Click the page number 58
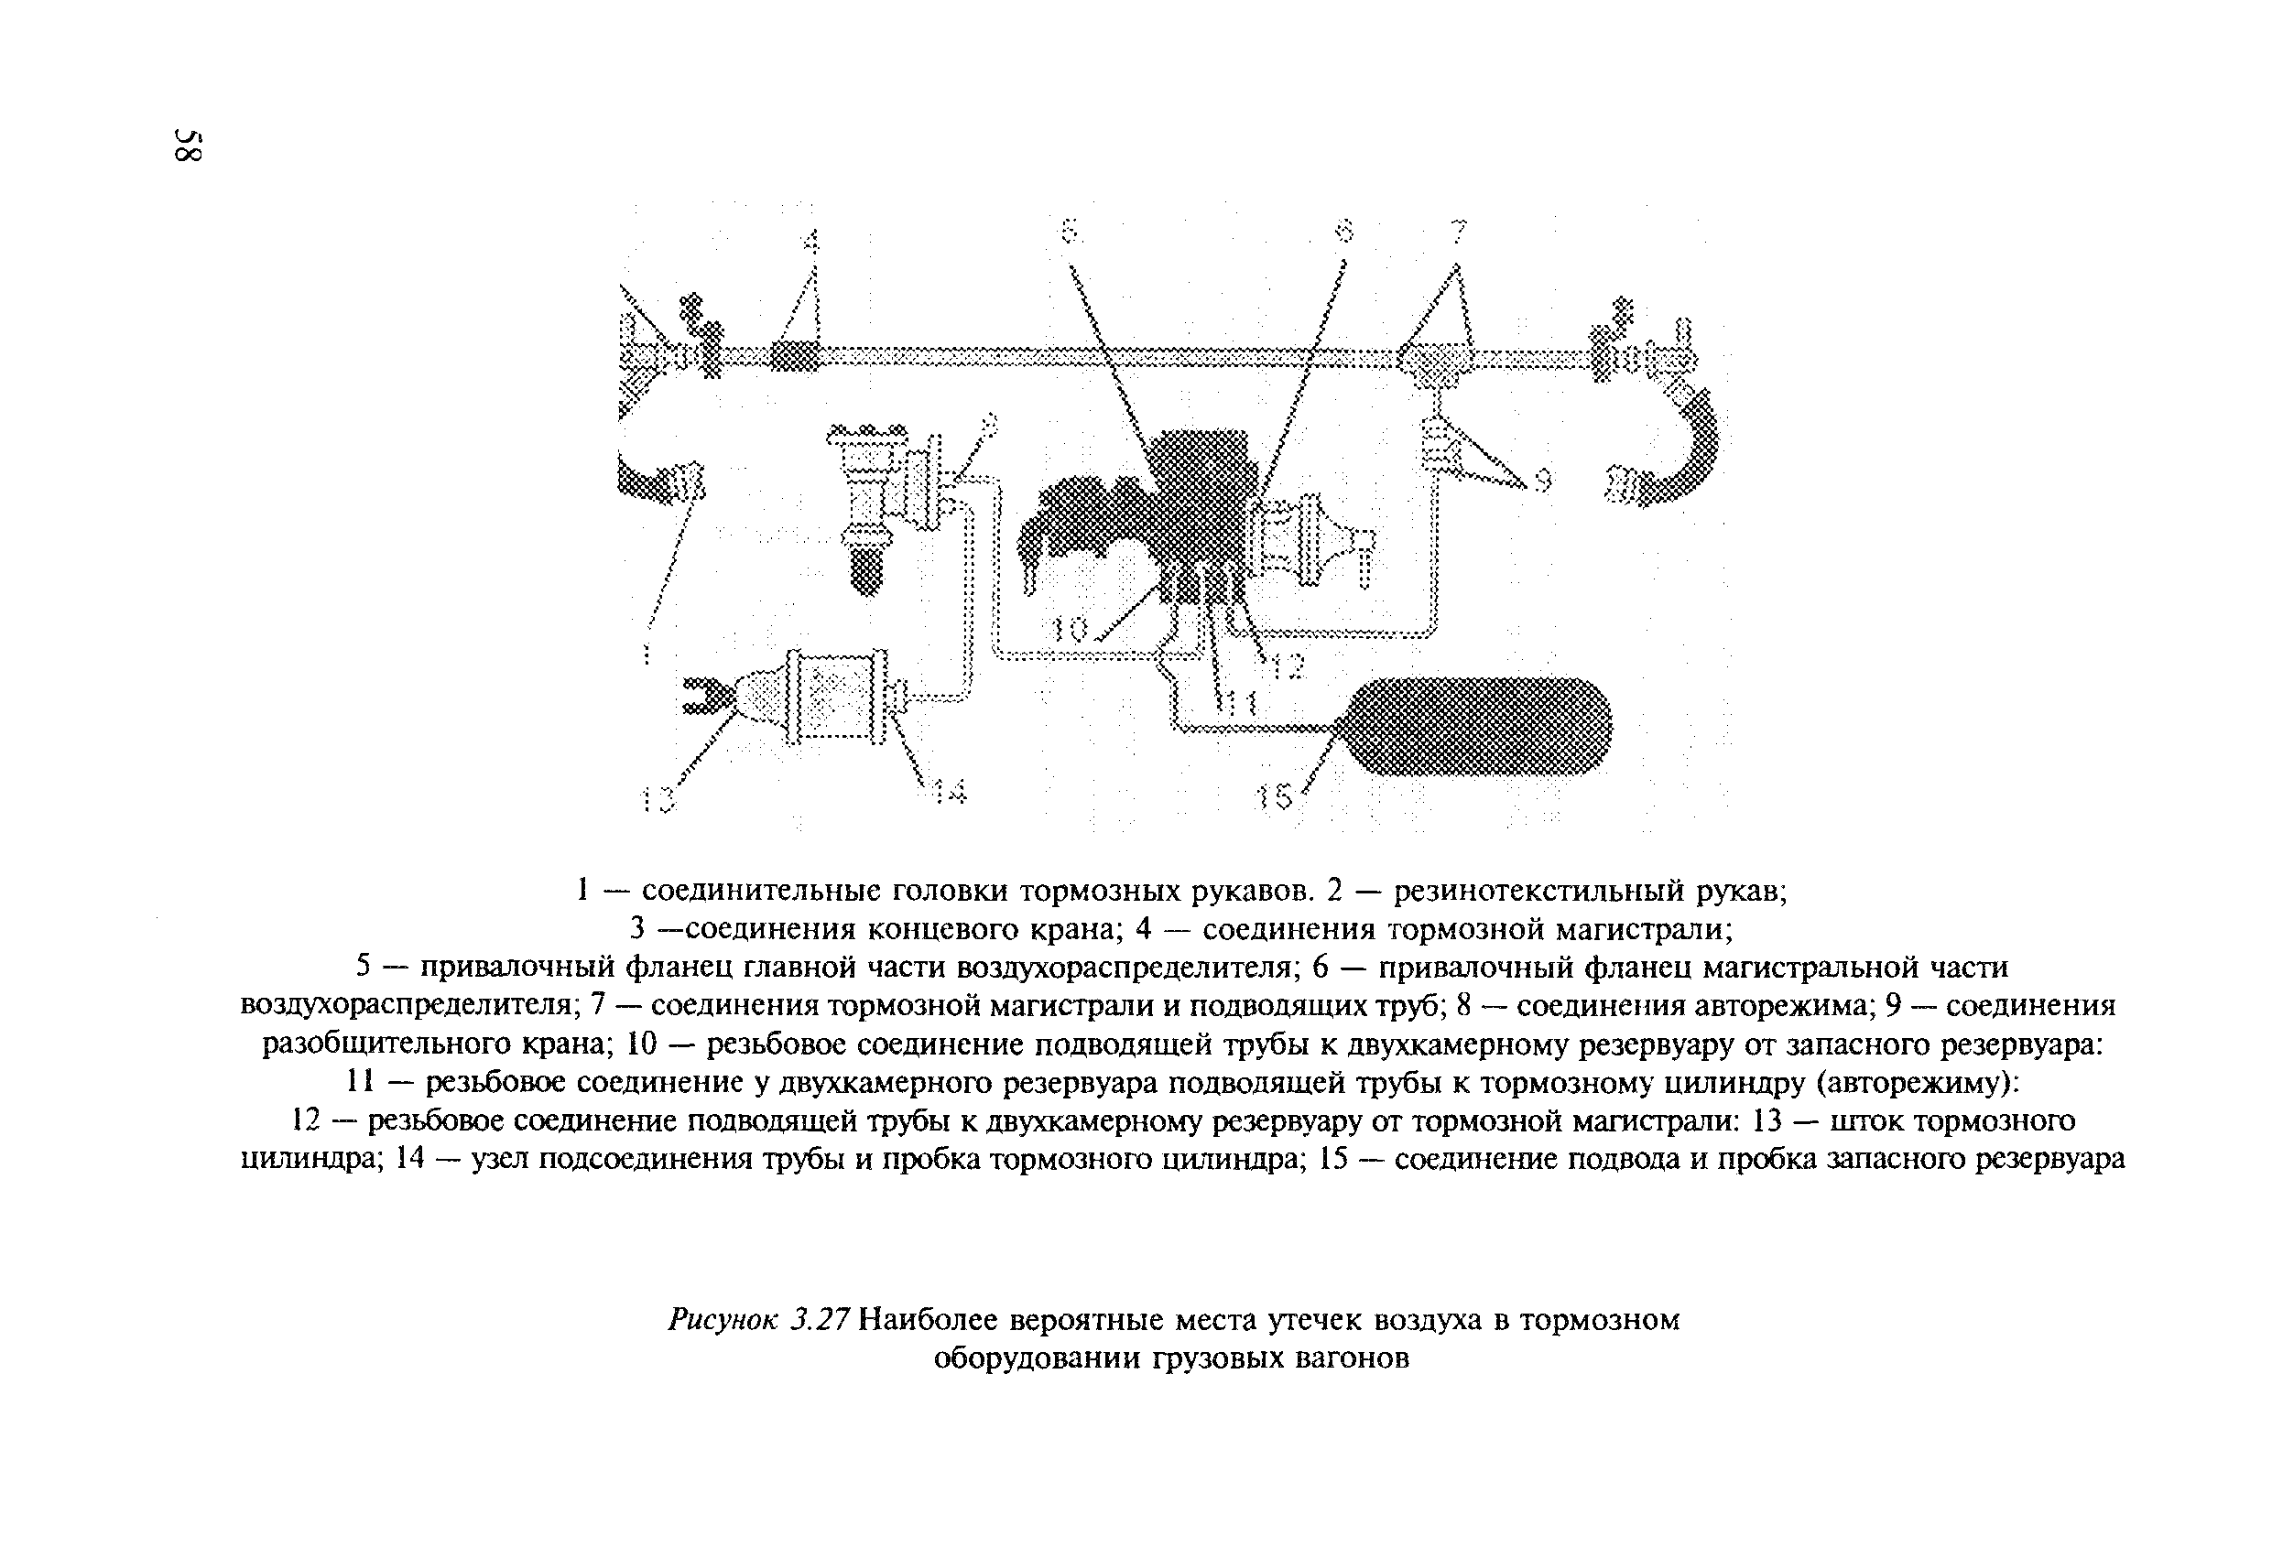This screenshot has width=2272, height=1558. pos(187,146)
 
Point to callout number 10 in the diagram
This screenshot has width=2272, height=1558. pos(1071,632)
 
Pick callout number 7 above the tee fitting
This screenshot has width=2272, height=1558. pos(1458,233)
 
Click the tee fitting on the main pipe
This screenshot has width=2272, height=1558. pos(1435,362)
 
